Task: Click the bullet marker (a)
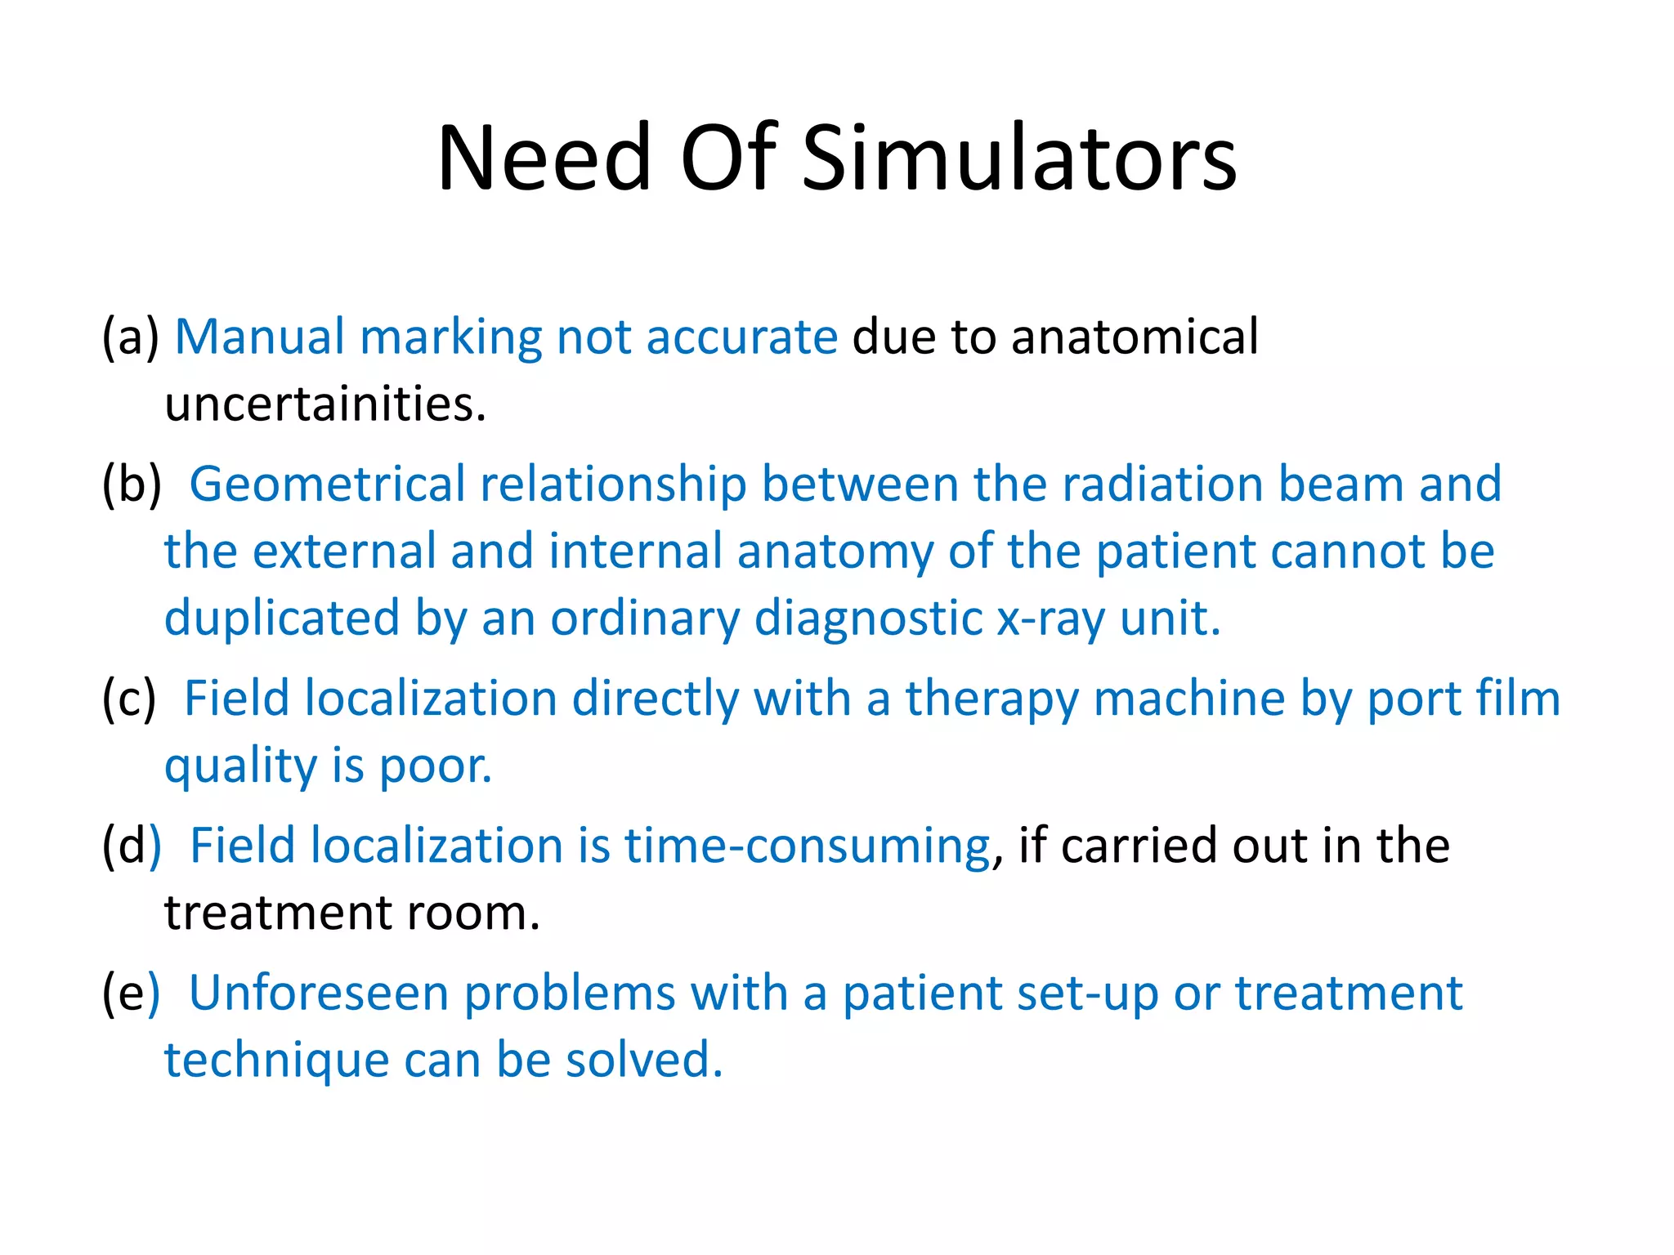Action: click(x=130, y=337)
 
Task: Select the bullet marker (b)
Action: click(x=132, y=484)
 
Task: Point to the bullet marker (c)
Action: click(x=128, y=699)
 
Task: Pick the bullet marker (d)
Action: click(x=132, y=846)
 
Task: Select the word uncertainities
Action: click(x=325, y=404)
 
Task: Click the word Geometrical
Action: click(x=327, y=484)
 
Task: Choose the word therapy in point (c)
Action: click(x=991, y=700)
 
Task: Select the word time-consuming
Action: click(x=808, y=846)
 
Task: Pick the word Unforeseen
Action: click(x=319, y=994)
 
